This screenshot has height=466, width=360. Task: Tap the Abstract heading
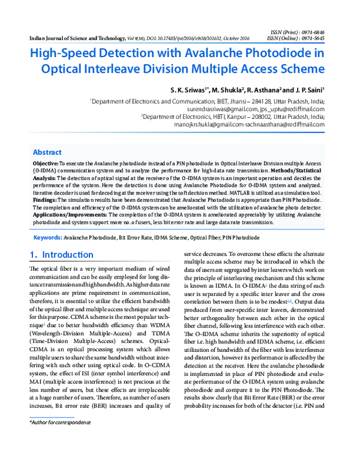click(x=47, y=152)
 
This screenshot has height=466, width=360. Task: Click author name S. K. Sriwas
click(x=188, y=89)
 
